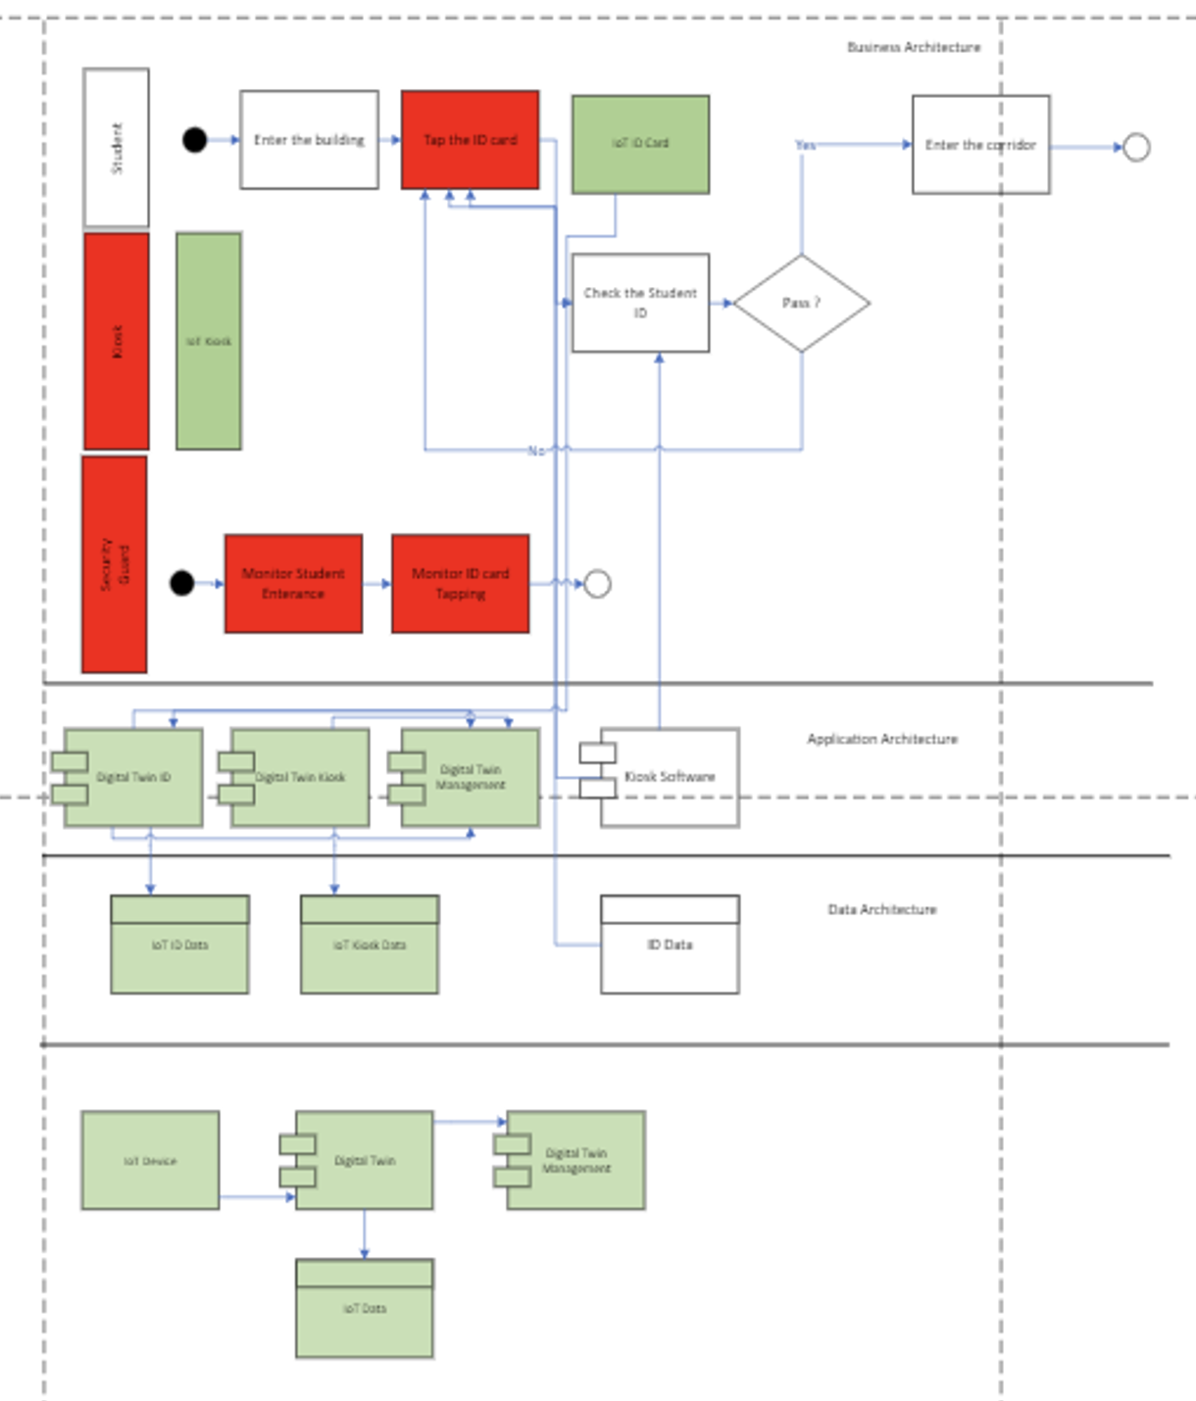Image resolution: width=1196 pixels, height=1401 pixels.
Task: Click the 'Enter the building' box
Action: coord(309,140)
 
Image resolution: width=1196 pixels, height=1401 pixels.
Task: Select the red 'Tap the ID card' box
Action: coord(470,140)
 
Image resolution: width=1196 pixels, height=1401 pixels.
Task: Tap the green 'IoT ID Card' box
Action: coord(640,144)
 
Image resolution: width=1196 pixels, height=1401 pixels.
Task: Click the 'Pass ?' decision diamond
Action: coord(801,303)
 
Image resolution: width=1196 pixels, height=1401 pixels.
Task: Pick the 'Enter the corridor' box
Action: coord(980,145)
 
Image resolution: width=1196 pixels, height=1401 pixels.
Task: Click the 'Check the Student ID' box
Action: coord(640,303)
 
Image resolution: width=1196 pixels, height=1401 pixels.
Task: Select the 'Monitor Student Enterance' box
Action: coord(293,584)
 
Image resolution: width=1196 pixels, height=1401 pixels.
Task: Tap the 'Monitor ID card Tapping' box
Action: coord(460,584)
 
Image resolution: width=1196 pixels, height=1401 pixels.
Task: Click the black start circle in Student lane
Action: coord(195,140)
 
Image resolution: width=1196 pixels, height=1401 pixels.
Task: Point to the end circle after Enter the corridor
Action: coord(1135,147)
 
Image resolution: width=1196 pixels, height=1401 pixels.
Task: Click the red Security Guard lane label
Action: coord(115,564)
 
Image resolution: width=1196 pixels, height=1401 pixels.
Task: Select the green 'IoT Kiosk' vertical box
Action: coord(209,341)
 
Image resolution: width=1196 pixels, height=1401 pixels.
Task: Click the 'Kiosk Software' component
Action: coord(669,777)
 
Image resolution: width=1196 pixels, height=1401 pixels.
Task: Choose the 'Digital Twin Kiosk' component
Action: coord(300,777)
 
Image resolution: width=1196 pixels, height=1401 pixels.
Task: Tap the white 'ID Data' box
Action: coord(670,944)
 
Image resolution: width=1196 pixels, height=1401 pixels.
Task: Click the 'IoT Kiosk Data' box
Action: coord(370,944)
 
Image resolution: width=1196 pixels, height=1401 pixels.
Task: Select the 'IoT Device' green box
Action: coord(150,1160)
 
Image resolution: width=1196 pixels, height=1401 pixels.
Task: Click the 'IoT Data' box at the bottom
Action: coord(365,1308)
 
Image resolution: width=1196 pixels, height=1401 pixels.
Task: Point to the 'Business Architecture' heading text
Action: coord(913,47)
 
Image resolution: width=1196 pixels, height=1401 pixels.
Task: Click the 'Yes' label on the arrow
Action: coord(805,145)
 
